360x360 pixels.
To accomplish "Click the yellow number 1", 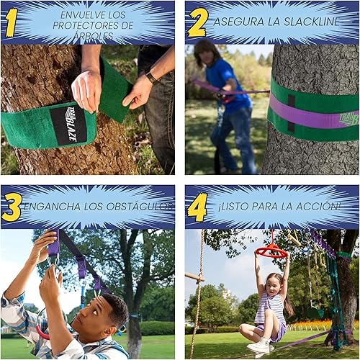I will pyautogui.click(x=11, y=22).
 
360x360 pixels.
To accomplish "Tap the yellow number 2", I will pyautogui.click(x=197, y=22).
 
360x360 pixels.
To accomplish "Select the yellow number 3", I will pyautogui.click(x=12, y=207).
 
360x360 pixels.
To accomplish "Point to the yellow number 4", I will pyautogui.click(x=197, y=207).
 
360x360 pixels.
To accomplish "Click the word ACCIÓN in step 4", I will pyautogui.click(x=320, y=207).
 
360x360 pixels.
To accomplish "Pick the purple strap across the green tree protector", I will pyautogui.click(x=310, y=114).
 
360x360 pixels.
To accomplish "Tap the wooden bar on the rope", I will pyautogui.click(x=194, y=276).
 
